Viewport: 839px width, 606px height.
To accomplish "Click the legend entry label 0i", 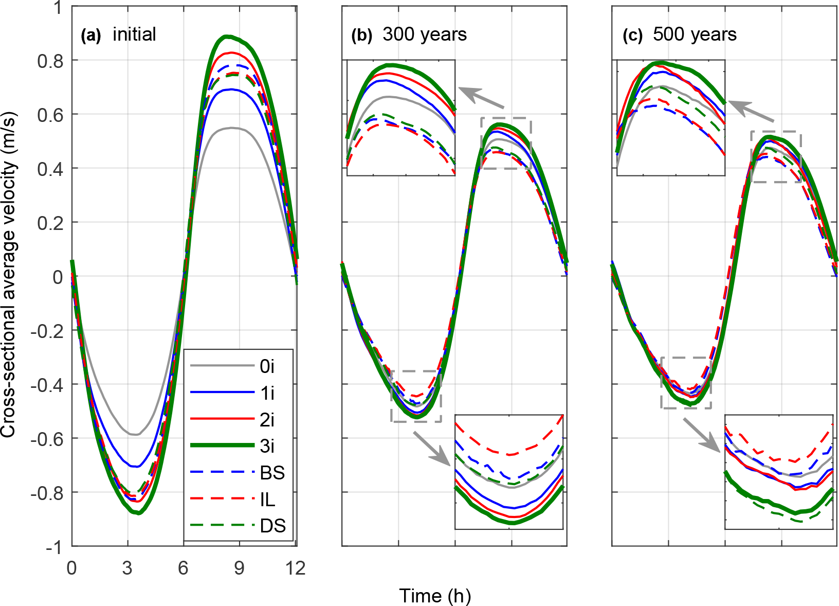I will click(267, 366).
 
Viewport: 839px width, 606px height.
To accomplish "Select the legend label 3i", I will click(267, 446).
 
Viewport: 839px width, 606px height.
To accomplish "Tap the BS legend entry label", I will click(272, 473).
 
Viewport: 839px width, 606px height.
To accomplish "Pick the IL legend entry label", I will click(267, 500).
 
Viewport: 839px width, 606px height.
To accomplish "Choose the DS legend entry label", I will click(273, 526).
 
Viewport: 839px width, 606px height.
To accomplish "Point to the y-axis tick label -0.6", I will click(47, 439).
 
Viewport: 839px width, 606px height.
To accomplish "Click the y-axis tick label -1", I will click(53, 547).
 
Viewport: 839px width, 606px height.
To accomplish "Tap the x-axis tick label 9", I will click(239, 568).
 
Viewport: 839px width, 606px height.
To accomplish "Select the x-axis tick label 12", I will click(296, 568).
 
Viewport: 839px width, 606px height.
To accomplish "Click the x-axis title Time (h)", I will click(435, 596).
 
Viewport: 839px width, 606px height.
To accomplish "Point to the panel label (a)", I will click(92, 35).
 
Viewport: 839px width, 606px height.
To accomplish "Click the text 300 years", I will click(425, 34).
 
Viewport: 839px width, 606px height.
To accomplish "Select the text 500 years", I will click(695, 34).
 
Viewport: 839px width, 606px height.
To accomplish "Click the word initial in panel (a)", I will click(134, 34).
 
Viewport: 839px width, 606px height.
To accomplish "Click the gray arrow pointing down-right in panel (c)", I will click(701, 435).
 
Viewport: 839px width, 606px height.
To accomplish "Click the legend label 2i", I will click(267, 420).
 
